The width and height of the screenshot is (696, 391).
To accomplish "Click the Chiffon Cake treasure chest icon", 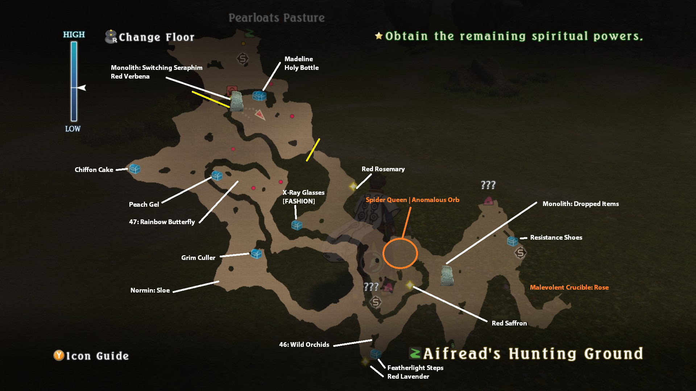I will click(x=134, y=169).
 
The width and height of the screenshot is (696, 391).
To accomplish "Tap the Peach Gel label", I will click(x=144, y=204).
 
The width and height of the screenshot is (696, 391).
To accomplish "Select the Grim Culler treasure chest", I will click(x=256, y=254).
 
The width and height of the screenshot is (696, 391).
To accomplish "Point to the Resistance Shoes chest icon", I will click(x=512, y=241).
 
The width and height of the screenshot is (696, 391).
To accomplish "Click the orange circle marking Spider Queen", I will click(x=400, y=253).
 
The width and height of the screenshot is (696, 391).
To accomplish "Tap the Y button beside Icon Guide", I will click(x=59, y=356).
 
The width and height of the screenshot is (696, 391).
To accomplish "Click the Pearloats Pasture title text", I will click(x=277, y=18).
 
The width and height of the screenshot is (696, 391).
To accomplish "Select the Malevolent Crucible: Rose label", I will click(x=569, y=287).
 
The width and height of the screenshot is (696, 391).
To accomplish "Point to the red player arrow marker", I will click(x=260, y=115).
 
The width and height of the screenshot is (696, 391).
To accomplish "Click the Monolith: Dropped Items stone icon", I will click(x=447, y=276).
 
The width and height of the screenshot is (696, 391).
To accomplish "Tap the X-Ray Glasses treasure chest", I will click(x=297, y=225).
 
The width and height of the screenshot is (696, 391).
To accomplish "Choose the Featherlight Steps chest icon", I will click(x=376, y=354).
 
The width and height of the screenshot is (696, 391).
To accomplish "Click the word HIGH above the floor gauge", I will click(x=74, y=34).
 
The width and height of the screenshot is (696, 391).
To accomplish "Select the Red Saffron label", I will click(x=509, y=323).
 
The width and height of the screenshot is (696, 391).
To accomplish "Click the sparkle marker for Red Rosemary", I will click(x=353, y=186).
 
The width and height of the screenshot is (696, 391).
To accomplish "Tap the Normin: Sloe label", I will click(x=150, y=290).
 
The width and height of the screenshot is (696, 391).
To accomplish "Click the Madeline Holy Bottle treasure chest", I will click(x=259, y=96).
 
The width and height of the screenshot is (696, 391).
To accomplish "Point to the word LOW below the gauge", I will click(x=73, y=129).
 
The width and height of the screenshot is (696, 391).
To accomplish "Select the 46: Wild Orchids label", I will click(x=304, y=345).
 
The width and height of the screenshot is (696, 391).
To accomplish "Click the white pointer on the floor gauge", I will click(x=82, y=88).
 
